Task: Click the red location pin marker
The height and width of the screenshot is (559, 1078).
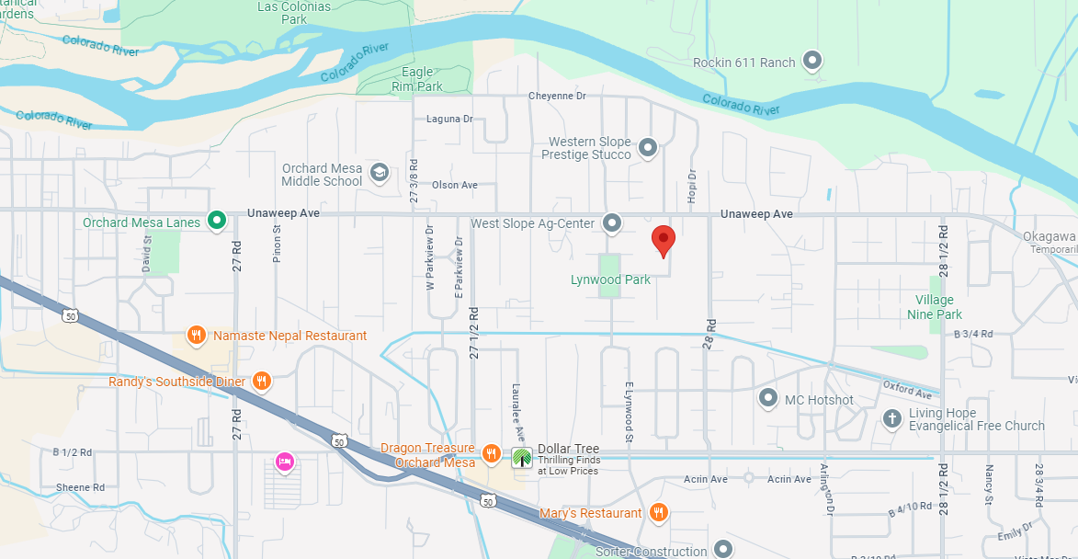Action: click(664, 240)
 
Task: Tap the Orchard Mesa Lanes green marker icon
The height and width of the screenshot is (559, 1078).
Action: click(217, 220)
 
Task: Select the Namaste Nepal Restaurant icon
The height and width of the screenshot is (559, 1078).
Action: click(196, 336)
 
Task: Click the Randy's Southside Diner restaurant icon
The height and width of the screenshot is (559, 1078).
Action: click(262, 381)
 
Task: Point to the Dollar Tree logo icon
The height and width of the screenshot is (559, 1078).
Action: click(522, 456)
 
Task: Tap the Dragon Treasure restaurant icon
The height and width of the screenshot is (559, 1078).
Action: click(493, 453)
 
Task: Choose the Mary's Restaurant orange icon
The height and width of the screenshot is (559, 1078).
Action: click(658, 513)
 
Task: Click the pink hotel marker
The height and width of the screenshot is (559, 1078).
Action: click(285, 462)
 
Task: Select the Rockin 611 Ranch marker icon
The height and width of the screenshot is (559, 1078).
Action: click(811, 62)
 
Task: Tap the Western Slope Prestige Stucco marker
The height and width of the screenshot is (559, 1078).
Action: click(648, 147)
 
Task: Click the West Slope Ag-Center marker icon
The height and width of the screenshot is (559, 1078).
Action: click(612, 222)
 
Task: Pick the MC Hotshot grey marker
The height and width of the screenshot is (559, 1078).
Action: click(768, 399)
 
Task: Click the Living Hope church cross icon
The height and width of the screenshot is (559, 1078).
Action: click(891, 419)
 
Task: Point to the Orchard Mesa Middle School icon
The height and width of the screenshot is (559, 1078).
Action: click(379, 173)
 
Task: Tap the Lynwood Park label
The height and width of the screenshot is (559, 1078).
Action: click(610, 279)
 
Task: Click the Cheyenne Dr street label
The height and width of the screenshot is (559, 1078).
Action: click(557, 96)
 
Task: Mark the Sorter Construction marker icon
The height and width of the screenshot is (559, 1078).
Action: click(723, 550)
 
